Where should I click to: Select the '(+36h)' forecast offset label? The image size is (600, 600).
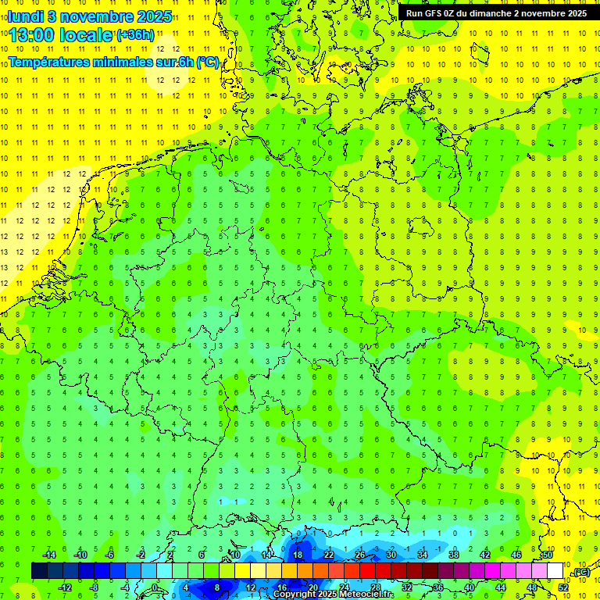(x=135, y=34)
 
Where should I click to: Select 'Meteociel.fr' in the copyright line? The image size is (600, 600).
(x=367, y=594)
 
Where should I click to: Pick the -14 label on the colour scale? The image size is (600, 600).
(x=48, y=554)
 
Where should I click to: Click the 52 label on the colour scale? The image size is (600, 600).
(x=562, y=587)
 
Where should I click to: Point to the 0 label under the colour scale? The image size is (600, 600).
(x=155, y=587)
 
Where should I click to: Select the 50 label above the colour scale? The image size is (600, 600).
(x=548, y=554)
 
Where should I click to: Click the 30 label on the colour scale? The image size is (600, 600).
(x=391, y=554)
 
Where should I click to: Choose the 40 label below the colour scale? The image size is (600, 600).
(x=469, y=587)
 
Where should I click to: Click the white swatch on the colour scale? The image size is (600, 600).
(x=555, y=571)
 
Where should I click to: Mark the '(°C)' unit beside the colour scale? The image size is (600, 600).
(x=580, y=572)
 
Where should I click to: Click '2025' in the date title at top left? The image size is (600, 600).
(x=153, y=16)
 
